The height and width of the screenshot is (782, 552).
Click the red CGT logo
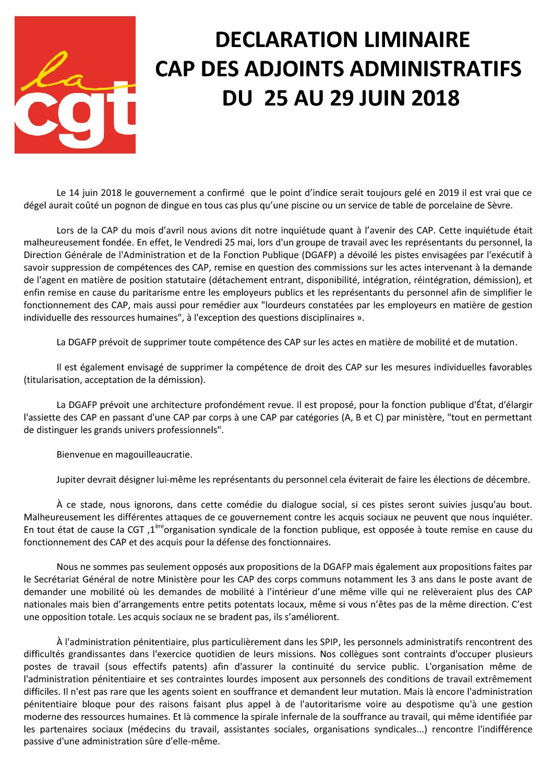(x=75, y=85)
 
